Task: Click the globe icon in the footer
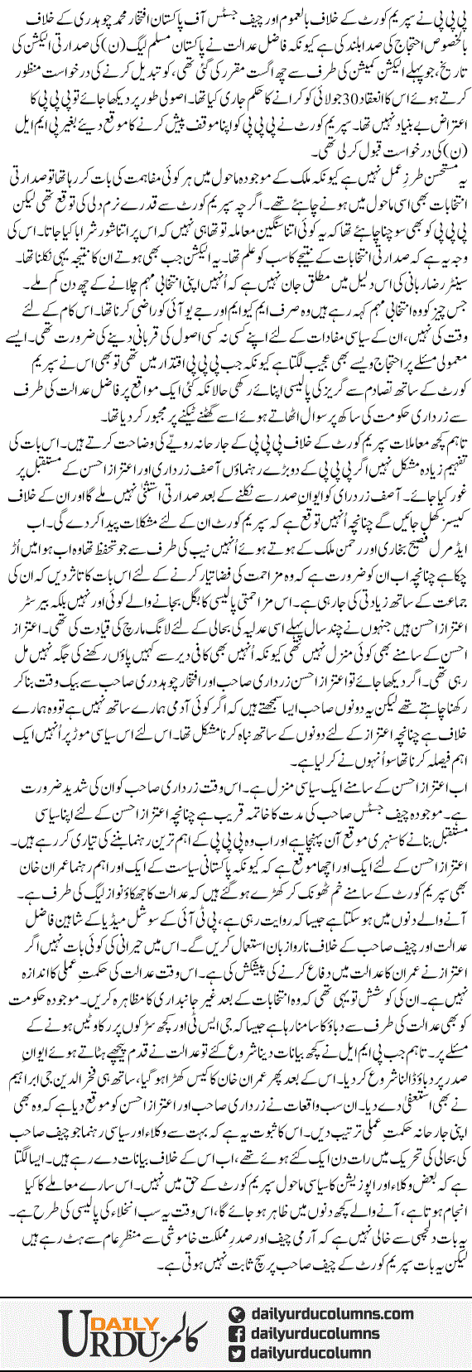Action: (235, 1315)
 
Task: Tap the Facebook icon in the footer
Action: (235, 1336)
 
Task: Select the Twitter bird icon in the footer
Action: (235, 1355)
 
